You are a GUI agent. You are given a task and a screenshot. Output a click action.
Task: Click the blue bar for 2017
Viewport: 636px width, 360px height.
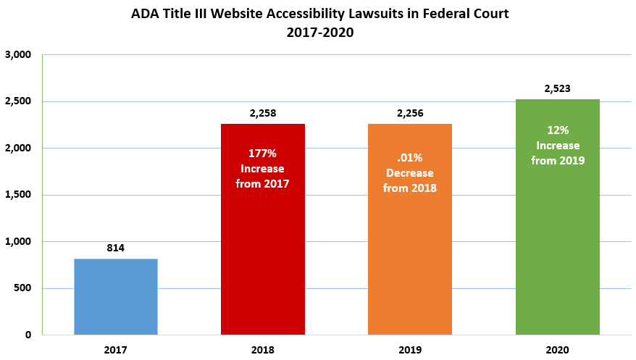[x=116, y=296]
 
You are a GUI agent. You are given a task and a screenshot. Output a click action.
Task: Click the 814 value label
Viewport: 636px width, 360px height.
[x=116, y=248]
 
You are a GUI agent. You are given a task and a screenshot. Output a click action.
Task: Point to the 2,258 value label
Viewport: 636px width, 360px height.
[x=262, y=113]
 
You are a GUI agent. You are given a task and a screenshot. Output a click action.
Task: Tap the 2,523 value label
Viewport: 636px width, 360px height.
[x=557, y=88]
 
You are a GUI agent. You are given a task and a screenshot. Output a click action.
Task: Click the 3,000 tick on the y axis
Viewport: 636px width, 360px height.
[x=18, y=55]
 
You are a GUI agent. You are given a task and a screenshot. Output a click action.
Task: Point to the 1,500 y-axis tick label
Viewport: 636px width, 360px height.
[x=18, y=196]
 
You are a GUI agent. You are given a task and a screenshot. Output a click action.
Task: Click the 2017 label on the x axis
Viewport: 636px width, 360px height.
[x=116, y=350]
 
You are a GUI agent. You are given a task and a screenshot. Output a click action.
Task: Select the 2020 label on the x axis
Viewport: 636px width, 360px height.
[x=557, y=350]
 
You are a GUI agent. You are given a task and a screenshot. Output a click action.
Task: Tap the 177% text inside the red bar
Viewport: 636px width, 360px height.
[x=262, y=154]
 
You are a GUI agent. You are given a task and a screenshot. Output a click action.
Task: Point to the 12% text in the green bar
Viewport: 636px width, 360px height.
[x=557, y=130]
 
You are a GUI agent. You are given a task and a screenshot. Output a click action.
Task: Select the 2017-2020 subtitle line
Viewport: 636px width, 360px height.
[x=318, y=32]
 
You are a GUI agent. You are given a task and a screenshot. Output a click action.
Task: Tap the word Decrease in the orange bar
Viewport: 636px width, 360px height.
[x=409, y=174]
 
